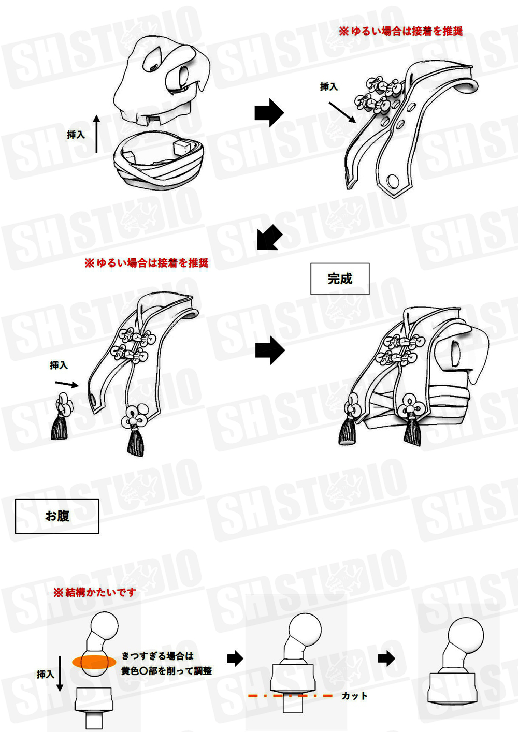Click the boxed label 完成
click(x=340, y=279)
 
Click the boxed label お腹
click(x=57, y=516)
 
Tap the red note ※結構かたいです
click(x=95, y=592)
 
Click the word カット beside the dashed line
click(x=354, y=696)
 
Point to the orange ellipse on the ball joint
click(x=94, y=662)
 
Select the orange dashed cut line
click(x=290, y=696)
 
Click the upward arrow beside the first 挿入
click(x=96, y=134)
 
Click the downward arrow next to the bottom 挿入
click(x=60, y=673)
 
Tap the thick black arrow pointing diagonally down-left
click(x=269, y=238)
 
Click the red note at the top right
click(x=400, y=31)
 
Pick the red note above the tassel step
click(x=146, y=263)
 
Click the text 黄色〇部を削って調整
click(x=166, y=671)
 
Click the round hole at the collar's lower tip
click(x=393, y=181)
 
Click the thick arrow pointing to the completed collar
click(x=270, y=350)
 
